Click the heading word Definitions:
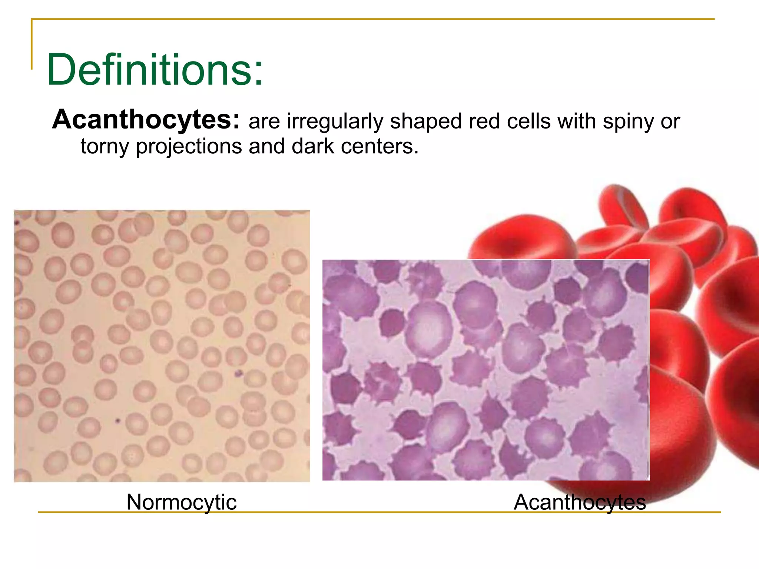(155, 70)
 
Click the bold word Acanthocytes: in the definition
(146, 120)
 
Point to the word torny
(105, 146)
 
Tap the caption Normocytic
(181, 502)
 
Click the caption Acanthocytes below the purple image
(579, 502)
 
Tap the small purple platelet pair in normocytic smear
(238, 373)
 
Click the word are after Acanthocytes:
(264, 122)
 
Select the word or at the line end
(670, 122)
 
